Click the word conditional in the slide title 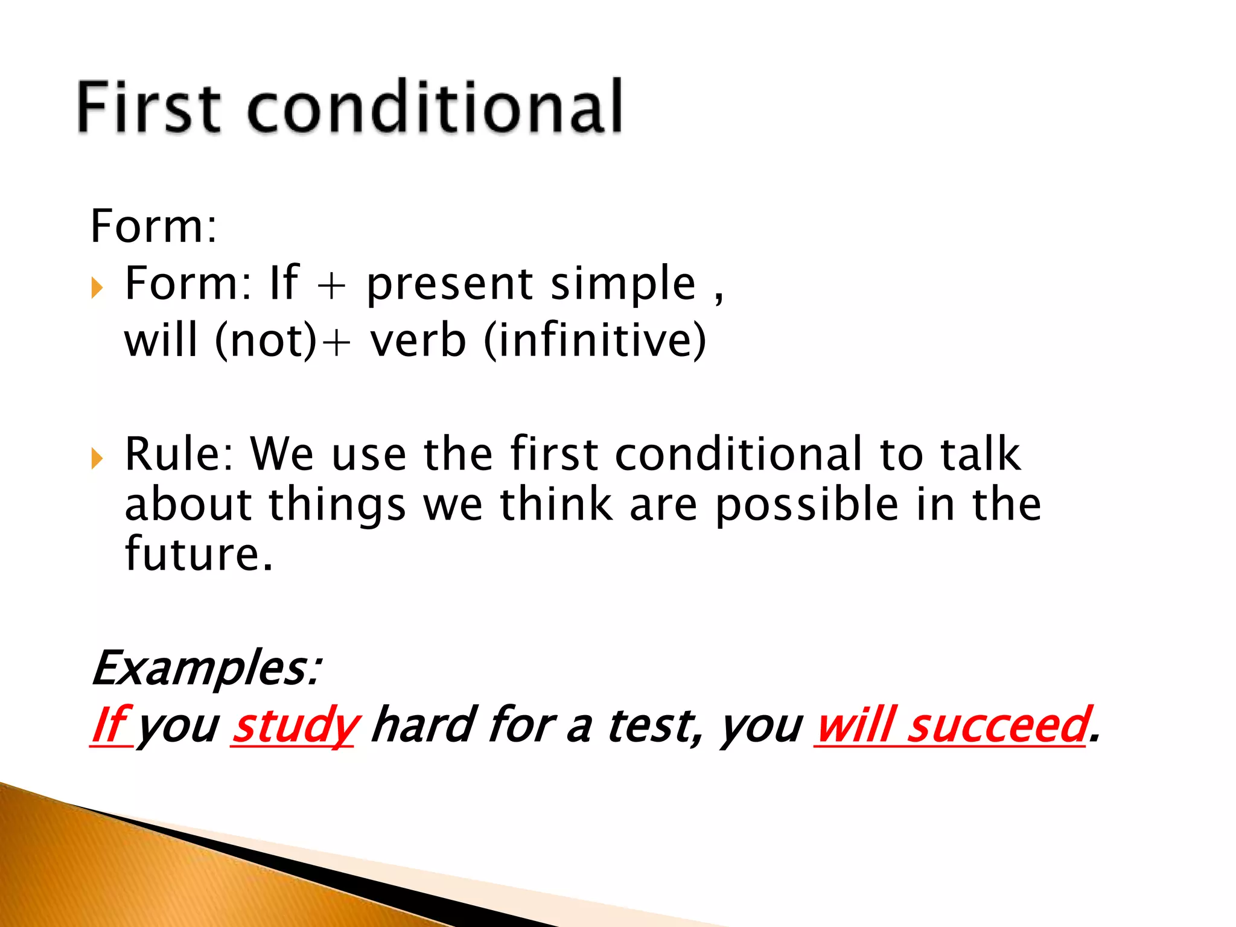[435, 107]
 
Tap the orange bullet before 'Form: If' [97, 288]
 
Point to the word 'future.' [199, 554]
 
